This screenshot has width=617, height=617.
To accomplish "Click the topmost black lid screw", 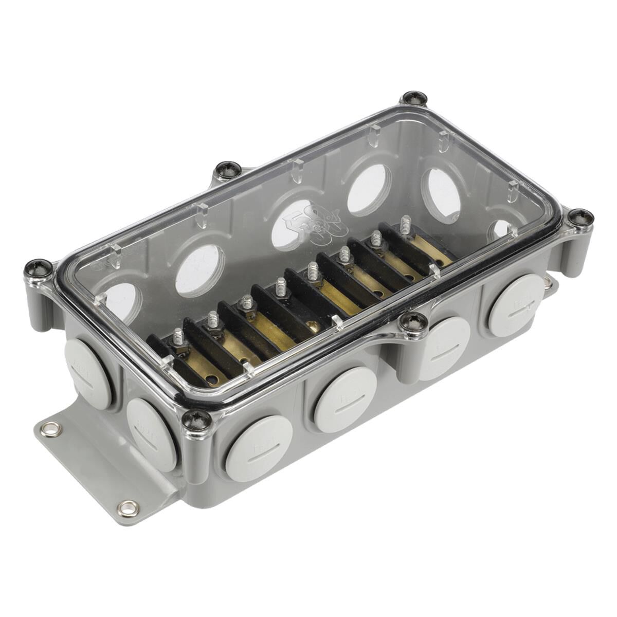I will click(x=414, y=98).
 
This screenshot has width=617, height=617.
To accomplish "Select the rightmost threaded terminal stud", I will click(x=406, y=225).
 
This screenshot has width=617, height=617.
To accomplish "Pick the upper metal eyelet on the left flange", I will click(x=51, y=427).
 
